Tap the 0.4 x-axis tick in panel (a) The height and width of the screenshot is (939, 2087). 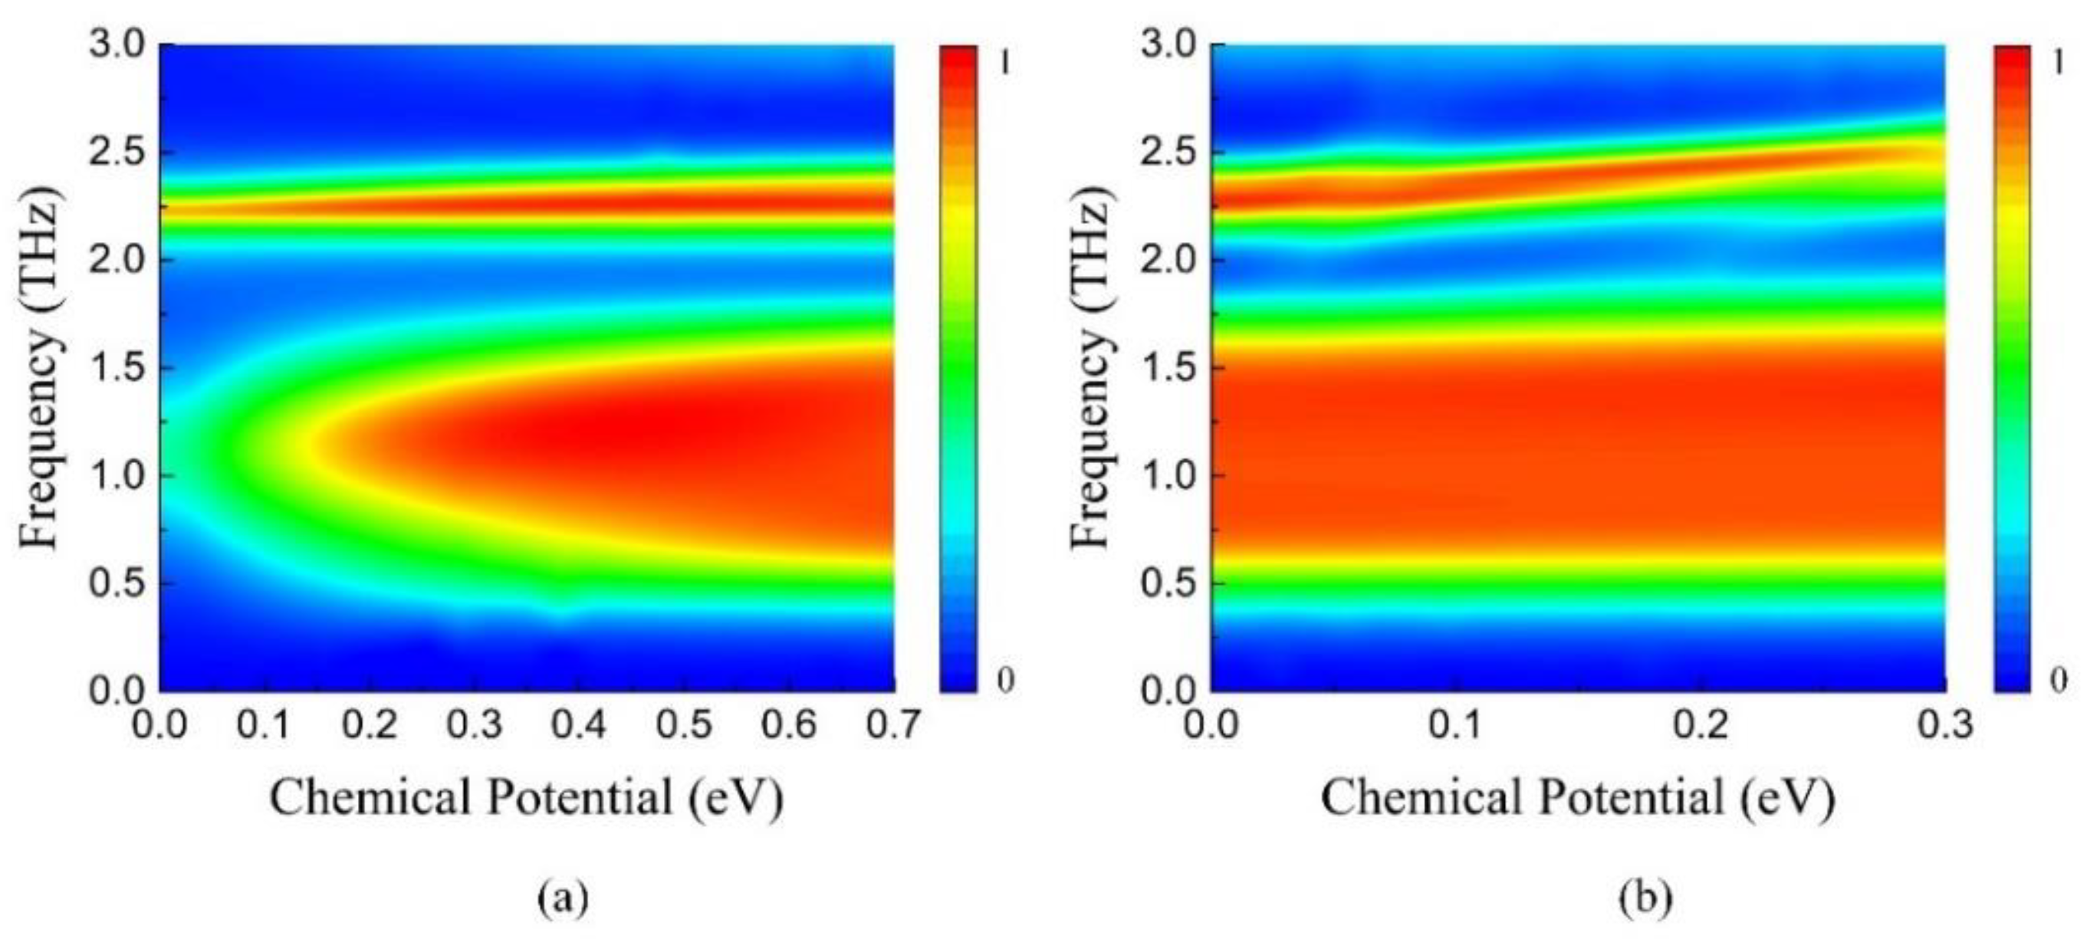[x=578, y=724]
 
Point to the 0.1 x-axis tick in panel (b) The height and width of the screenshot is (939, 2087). [x=1462, y=724]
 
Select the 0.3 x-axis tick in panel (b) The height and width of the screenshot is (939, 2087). [x=1944, y=724]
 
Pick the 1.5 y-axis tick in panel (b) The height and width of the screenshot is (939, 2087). [x=1168, y=367]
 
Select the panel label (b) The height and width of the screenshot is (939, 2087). [x=1645, y=898]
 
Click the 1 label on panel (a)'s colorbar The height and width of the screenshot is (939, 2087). [x=1004, y=61]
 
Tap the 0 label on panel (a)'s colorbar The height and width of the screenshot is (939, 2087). [x=1004, y=681]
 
